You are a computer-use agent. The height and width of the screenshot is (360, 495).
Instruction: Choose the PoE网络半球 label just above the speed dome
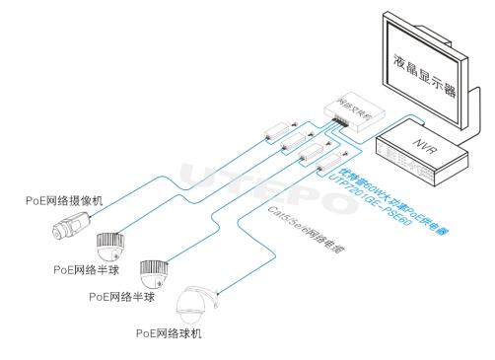124,295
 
